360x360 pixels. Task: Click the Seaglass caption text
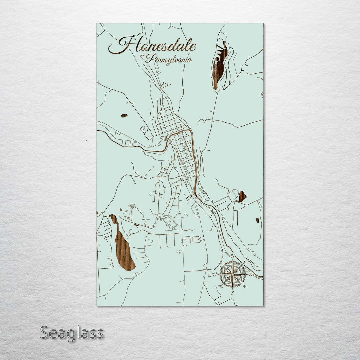coord(72,333)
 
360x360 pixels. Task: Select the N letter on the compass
coord(233,256)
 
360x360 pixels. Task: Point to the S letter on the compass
coord(233,293)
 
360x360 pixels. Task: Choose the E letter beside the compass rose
coord(250,274)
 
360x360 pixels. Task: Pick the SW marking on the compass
coord(220,286)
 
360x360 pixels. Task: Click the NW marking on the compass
coord(220,262)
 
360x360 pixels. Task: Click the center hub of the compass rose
coord(233,274)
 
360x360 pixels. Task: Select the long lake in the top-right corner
coord(220,65)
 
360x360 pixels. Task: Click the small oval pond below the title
coord(124,116)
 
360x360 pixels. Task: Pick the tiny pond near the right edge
coord(257,220)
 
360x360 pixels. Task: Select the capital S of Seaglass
coord(45,333)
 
